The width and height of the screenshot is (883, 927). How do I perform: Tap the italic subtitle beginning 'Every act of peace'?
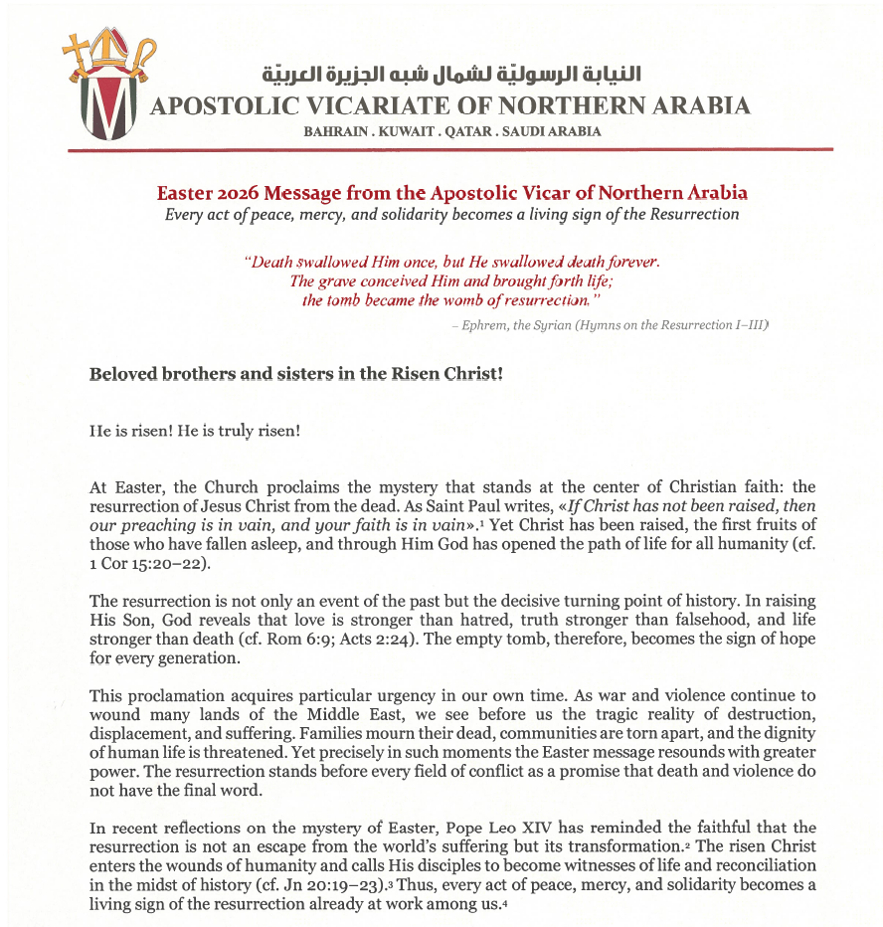tap(451, 214)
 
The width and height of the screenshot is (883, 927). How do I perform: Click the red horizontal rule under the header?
tap(450, 149)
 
